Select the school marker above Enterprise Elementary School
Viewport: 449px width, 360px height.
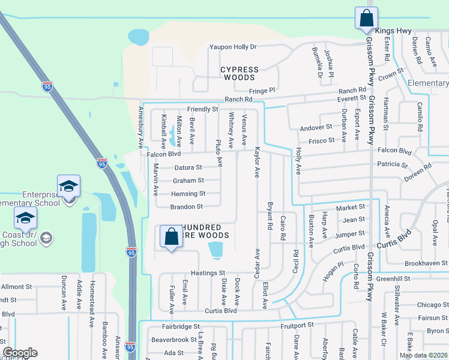(x=69, y=187)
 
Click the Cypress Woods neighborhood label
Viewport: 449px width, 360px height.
(x=240, y=73)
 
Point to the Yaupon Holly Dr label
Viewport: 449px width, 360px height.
(x=232, y=47)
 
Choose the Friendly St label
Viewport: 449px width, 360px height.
(x=202, y=109)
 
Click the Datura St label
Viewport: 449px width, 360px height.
(x=188, y=167)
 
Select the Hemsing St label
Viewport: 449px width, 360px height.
(x=188, y=194)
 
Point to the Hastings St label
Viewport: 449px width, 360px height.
(x=208, y=273)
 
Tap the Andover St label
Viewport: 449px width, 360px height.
(x=316, y=127)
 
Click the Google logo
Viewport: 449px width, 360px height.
(x=20, y=353)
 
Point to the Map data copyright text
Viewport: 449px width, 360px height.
(x=423, y=355)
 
